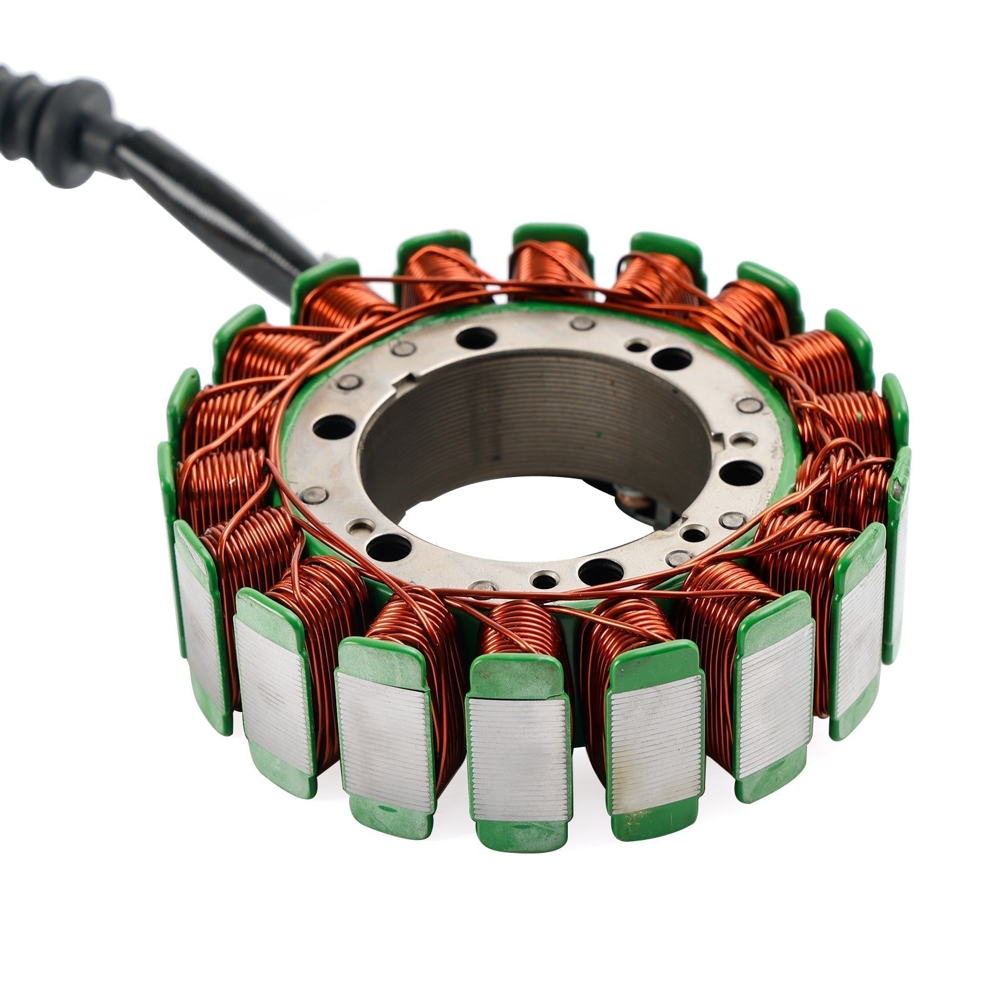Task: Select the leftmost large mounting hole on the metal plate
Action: (x=334, y=427)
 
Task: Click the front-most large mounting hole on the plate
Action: (x=600, y=570)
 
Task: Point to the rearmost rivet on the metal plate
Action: (x=583, y=323)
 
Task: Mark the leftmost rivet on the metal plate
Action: (x=313, y=495)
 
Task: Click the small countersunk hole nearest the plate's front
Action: (x=544, y=581)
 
